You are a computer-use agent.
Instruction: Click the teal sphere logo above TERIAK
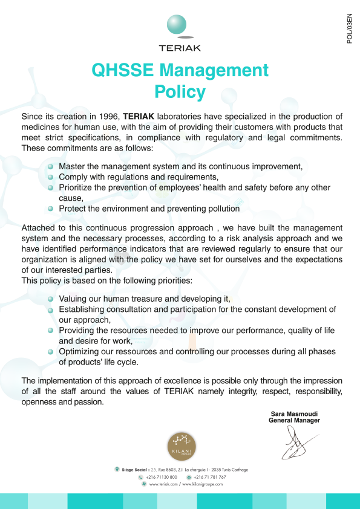pyautogui.click(x=180, y=25)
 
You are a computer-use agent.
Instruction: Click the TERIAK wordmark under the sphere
pyautogui.click(x=180, y=48)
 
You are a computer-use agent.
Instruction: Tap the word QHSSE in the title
pyautogui.click(x=118, y=70)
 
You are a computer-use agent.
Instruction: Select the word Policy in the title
pyautogui.click(x=180, y=92)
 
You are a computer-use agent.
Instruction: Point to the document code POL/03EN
pyautogui.click(x=349, y=33)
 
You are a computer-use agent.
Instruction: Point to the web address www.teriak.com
pyautogui.click(x=163, y=484)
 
